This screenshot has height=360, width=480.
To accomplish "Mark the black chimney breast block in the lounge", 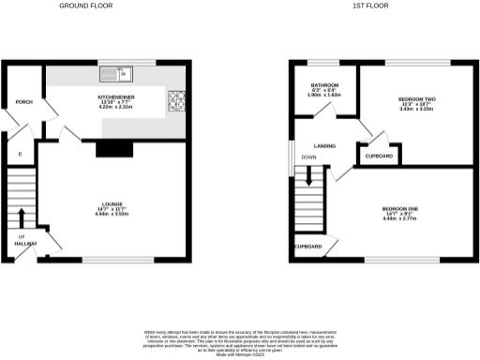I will [114, 146].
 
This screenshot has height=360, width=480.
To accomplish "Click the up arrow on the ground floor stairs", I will [21, 217].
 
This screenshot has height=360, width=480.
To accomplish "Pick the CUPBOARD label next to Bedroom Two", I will [378, 156].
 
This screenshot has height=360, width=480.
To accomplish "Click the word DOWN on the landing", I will [309, 157].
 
